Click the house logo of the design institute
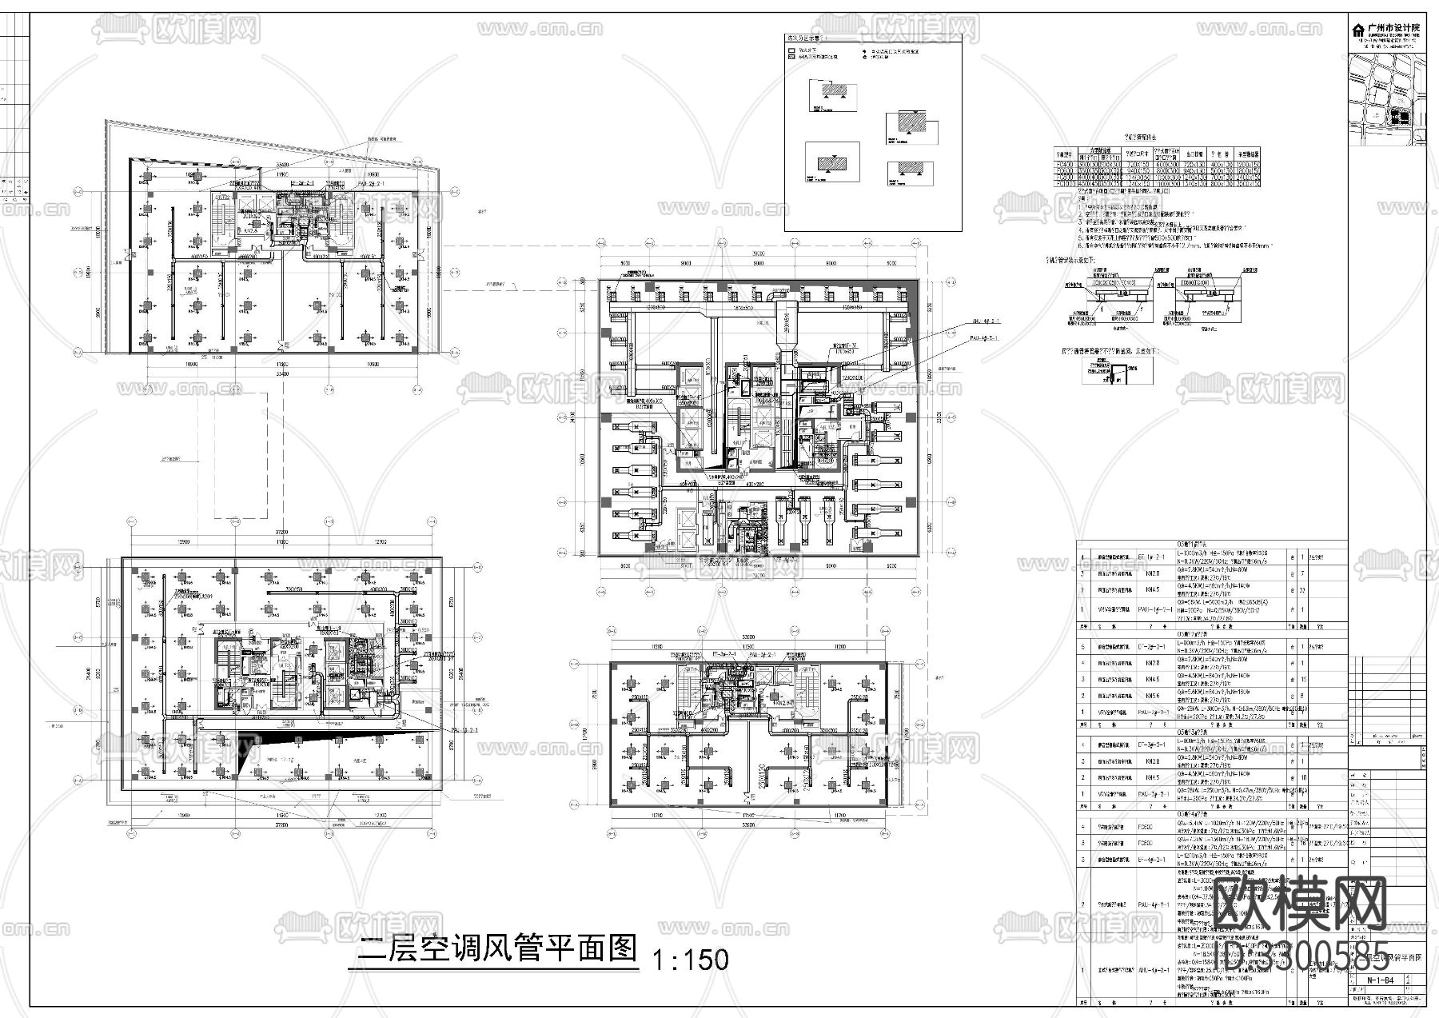point(1357,30)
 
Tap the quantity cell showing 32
point(1303,590)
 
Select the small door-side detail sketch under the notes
point(1118,370)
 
